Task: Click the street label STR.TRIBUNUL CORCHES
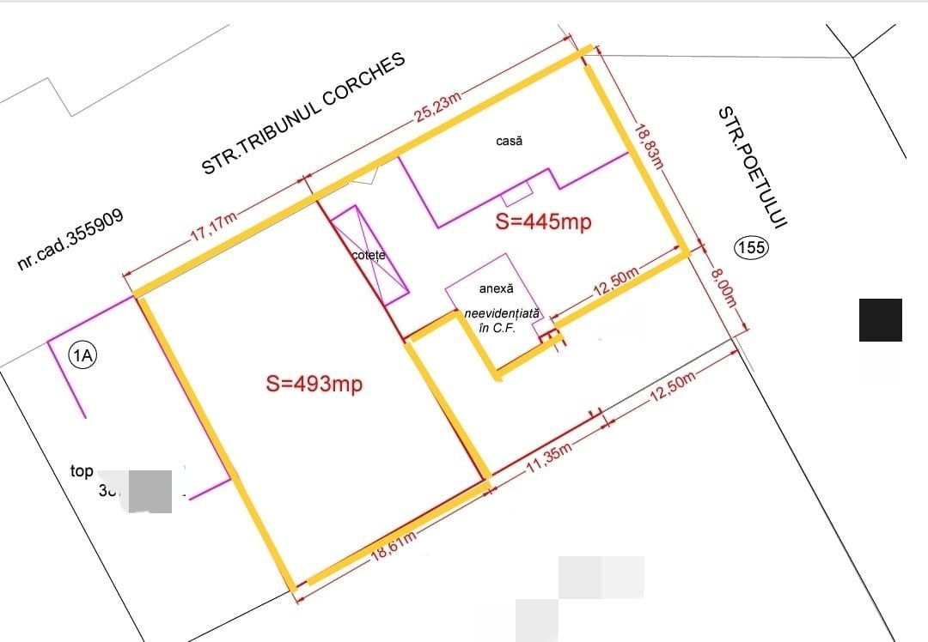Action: point(302,113)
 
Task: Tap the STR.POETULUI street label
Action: point(753,167)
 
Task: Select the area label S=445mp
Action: point(544,221)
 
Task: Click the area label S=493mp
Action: point(314,384)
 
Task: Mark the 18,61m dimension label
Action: point(395,547)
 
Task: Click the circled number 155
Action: point(751,248)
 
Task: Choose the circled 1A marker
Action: point(83,355)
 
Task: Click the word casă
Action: point(509,140)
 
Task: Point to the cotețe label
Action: point(369,256)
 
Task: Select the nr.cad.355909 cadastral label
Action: point(70,239)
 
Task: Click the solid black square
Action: point(881,320)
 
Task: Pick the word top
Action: point(82,471)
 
